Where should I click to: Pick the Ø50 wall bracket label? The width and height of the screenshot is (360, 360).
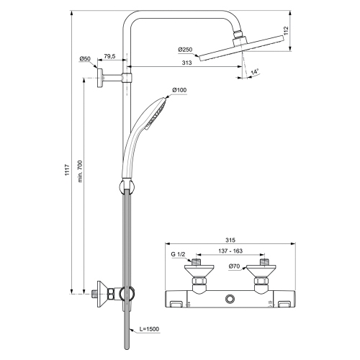(86, 58)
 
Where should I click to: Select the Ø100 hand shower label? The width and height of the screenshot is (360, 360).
(179, 90)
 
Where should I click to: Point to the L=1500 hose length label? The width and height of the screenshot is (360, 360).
(148, 330)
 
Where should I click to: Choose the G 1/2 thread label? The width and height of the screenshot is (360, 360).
(178, 254)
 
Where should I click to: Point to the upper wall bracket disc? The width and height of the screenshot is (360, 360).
(102, 75)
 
